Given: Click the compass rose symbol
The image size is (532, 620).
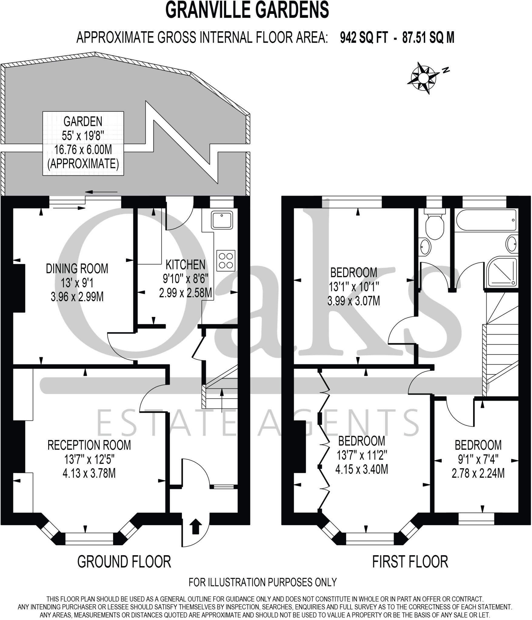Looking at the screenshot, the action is [423, 78].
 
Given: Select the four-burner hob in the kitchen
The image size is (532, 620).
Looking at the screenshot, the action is [226, 260].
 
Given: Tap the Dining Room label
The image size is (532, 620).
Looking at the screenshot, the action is [77, 269].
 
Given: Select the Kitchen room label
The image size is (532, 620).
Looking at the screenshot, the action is [186, 265].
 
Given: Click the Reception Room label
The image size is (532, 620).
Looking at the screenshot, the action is [89, 445].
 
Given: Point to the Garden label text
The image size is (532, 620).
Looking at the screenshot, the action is [83, 121].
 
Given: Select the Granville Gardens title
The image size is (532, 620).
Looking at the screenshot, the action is [247, 10].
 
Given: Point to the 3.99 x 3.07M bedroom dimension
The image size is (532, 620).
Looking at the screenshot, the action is [353, 301].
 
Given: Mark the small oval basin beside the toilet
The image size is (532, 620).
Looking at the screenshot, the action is [425, 247].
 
